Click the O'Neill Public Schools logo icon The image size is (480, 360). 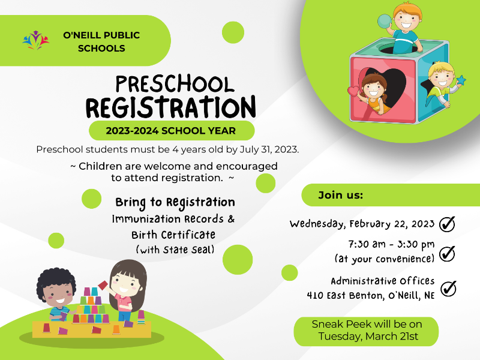[36, 40]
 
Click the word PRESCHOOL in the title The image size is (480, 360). [175, 84]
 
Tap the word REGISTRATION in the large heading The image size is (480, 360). [170, 107]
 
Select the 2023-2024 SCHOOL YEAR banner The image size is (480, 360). [172, 131]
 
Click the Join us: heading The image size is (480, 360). [340, 195]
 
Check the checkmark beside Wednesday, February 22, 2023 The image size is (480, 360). [447, 224]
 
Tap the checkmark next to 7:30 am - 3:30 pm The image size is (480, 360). [447, 253]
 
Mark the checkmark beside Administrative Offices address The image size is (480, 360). [448, 289]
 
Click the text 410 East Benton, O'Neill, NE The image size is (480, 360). [371, 295]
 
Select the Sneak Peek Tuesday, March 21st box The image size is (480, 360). [366, 331]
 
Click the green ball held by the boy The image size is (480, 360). [385, 22]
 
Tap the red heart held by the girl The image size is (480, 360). [353, 91]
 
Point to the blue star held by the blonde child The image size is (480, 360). [461, 80]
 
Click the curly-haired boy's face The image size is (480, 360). [58, 293]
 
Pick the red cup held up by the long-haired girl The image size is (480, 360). [103, 285]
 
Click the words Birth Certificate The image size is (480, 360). [173, 235]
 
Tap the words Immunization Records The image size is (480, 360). [168, 219]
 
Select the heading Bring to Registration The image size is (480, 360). [175, 203]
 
